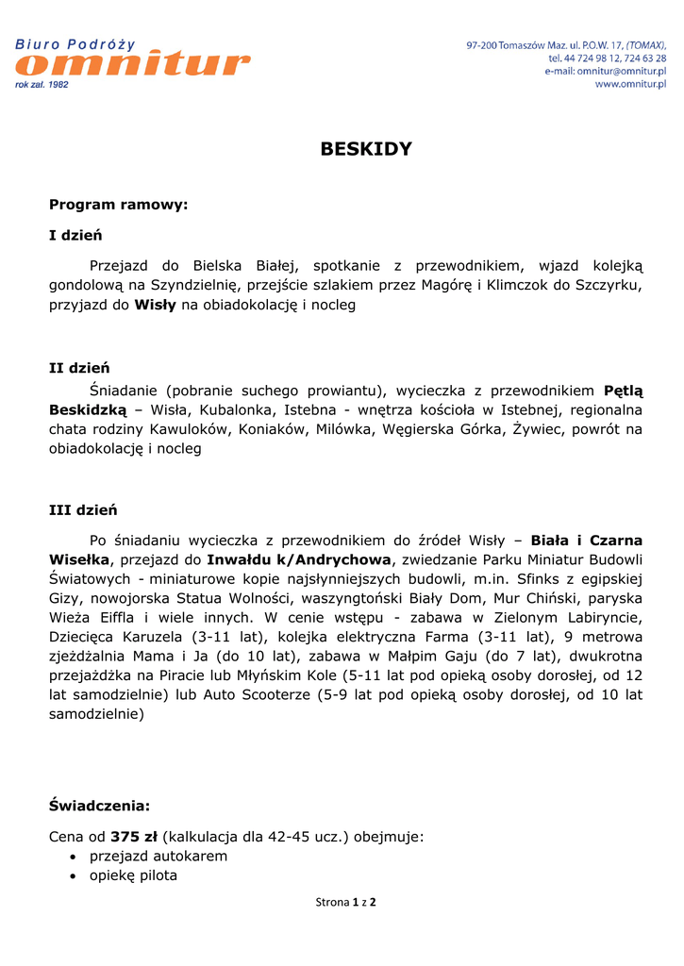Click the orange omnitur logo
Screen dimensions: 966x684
click(x=133, y=65)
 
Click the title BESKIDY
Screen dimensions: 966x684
click(x=366, y=149)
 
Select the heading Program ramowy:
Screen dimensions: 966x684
click(x=118, y=204)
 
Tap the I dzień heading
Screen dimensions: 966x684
click(x=75, y=235)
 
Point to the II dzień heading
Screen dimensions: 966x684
click(x=79, y=368)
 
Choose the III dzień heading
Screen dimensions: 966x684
click(x=83, y=509)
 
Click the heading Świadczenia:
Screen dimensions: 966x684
click(x=99, y=806)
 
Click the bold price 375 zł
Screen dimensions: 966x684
click(x=134, y=836)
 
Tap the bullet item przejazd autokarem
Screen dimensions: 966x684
click(x=158, y=856)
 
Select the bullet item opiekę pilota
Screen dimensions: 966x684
click(x=133, y=875)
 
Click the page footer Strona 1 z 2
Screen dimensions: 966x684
click(x=345, y=902)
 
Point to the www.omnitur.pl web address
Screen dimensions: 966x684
click(x=630, y=84)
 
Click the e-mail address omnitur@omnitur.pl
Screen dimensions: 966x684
click(x=622, y=71)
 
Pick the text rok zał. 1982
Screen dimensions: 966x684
click(x=42, y=85)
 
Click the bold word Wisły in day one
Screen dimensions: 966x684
click(x=155, y=305)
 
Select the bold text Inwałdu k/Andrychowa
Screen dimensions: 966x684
click(x=298, y=560)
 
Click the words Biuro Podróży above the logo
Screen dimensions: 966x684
click(x=75, y=44)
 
